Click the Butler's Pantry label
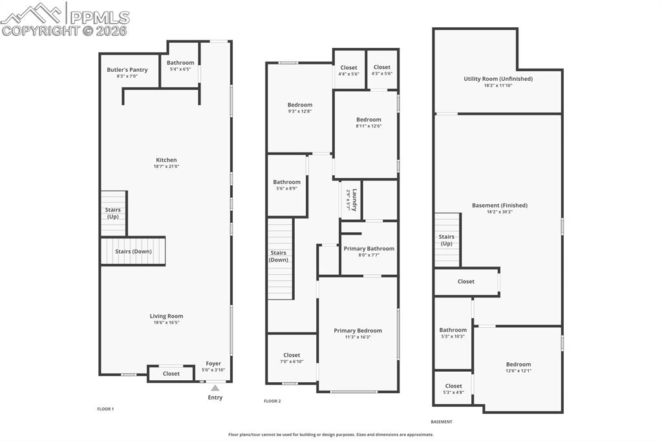coord(127,70)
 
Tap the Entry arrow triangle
coord(215,388)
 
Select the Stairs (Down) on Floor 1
coord(133,252)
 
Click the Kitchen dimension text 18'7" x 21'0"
coord(166,167)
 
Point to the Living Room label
coord(166,316)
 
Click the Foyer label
coord(213,363)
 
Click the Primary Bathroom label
coord(368,248)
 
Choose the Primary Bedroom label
coord(358,330)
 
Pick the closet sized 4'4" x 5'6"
coord(348,70)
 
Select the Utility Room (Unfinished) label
coord(498,79)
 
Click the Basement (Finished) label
coord(499,206)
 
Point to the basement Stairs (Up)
coord(447,240)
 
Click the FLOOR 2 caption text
coord(272,402)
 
